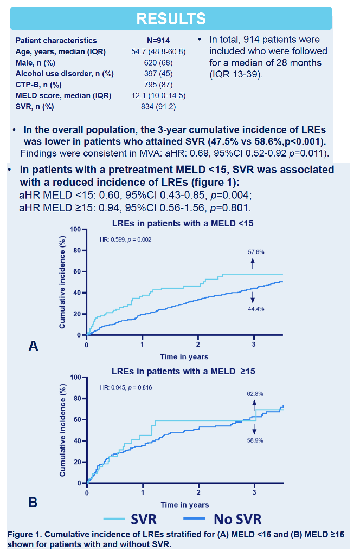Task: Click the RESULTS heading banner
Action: tap(171, 18)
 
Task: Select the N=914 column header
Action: tap(158, 41)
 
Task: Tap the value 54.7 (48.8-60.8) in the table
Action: tap(158, 51)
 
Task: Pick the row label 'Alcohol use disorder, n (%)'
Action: tap(65, 74)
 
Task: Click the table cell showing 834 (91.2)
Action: tap(158, 106)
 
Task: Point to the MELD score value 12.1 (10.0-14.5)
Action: tap(158, 95)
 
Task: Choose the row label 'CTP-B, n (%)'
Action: tap(38, 85)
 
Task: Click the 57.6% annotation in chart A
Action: tap(256, 252)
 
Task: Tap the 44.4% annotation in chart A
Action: tap(256, 309)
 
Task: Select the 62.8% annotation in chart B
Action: tap(255, 394)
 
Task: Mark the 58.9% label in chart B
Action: tap(255, 440)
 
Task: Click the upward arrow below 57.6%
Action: tap(253, 264)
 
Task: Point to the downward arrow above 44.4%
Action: tap(253, 297)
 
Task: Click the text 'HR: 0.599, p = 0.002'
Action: tap(125, 239)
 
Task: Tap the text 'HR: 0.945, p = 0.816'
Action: tap(126, 387)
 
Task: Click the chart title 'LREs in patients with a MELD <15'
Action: tap(183, 224)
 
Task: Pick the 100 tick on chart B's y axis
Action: tap(76, 377)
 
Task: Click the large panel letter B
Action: tap(33, 502)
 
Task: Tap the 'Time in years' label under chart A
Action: tap(184, 356)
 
